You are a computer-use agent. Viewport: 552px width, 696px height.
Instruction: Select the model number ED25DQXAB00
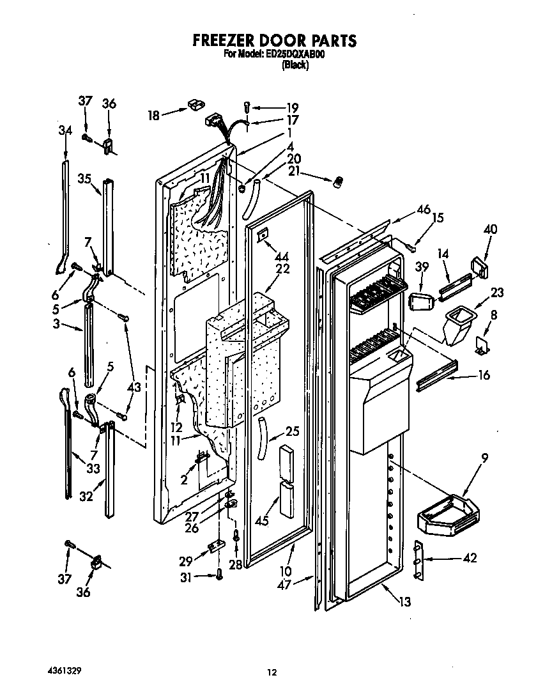(295, 55)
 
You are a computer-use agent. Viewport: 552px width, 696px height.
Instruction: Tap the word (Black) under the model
(295, 65)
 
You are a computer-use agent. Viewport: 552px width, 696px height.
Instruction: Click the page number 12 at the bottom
(272, 672)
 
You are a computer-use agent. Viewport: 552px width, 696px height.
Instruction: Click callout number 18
(153, 115)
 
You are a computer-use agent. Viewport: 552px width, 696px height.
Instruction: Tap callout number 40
(490, 229)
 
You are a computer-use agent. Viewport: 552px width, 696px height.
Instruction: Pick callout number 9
(485, 457)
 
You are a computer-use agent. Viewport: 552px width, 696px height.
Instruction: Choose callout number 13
(404, 601)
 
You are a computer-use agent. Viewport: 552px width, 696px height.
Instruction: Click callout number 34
(65, 131)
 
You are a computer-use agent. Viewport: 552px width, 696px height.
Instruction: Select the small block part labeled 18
(195, 104)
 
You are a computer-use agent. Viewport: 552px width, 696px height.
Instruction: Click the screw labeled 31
(218, 576)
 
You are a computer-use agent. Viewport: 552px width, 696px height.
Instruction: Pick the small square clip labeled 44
(262, 237)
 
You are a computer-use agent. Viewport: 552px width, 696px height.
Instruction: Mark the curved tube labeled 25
(262, 437)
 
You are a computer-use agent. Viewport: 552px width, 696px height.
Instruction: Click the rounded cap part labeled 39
(418, 301)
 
